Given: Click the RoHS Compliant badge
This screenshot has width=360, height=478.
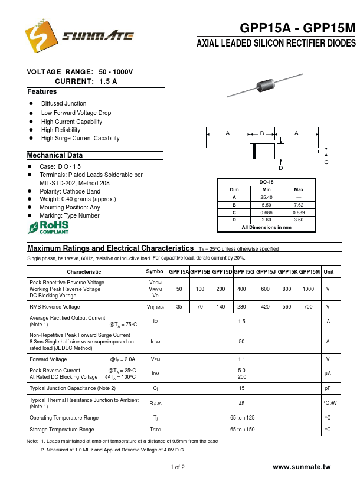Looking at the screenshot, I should (49, 228).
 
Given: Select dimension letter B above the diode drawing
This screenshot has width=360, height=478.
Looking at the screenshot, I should (262, 134).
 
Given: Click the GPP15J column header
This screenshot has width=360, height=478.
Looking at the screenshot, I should (266, 271).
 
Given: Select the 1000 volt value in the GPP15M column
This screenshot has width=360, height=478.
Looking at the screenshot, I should (308, 289).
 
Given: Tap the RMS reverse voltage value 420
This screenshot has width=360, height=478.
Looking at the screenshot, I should (265, 307).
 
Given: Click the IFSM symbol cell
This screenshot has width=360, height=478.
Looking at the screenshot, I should (155, 341).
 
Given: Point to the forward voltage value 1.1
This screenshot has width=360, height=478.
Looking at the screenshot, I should (241, 359).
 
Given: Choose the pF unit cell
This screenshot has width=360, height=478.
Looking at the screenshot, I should (328, 388).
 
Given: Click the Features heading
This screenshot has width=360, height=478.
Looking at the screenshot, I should (42, 92).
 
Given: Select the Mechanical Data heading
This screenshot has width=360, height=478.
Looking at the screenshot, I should (55, 155).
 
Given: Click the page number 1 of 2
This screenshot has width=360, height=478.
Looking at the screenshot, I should (178, 467).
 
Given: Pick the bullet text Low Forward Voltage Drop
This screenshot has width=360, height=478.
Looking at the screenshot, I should (76, 113).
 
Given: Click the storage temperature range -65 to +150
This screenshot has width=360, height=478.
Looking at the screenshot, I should (241, 430).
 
